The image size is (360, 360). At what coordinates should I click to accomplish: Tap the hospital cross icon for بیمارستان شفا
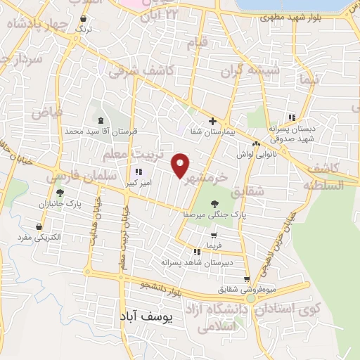click(x=212, y=121)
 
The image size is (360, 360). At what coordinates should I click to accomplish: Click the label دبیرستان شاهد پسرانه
click(x=216, y=262)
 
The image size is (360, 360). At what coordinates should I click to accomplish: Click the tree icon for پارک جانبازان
click(x=60, y=193)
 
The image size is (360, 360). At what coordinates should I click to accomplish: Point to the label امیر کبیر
click(x=137, y=182)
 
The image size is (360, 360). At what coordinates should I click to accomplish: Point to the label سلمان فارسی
click(x=80, y=180)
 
